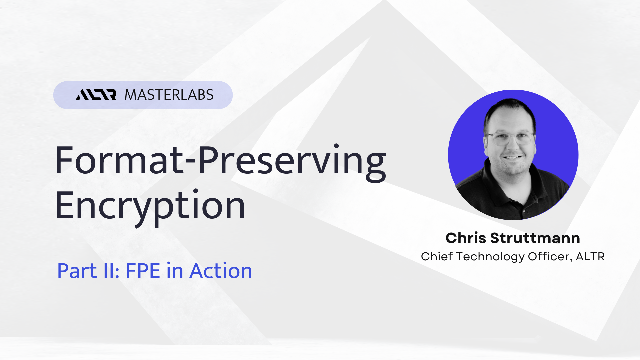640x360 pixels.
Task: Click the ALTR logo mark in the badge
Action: click(96, 95)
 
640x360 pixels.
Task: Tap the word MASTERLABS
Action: click(169, 95)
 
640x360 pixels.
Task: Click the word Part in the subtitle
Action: click(77, 271)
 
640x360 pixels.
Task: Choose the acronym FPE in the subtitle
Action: click(143, 271)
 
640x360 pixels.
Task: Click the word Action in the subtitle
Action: click(221, 271)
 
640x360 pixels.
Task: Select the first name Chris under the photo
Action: click(466, 238)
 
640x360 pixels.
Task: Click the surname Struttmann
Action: click(535, 238)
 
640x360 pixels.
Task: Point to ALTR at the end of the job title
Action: click(590, 256)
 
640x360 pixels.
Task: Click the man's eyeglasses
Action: click(511, 138)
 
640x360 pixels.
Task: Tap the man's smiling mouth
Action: click(513, 157)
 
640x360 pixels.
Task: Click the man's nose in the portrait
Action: click(513, 145)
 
